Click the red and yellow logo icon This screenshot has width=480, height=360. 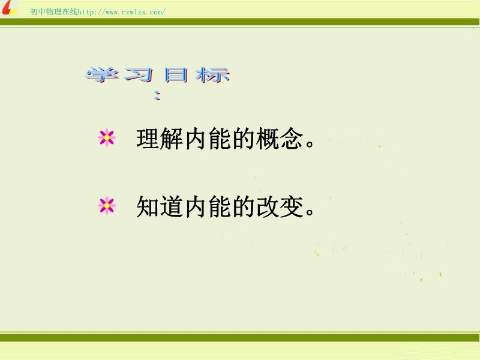coord(9,8)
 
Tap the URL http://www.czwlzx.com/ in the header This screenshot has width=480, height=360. coord(122,12)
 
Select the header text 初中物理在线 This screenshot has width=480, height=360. coord(54,11)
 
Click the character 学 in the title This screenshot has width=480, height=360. coord(102,74)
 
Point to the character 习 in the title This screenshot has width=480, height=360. coord(139,75)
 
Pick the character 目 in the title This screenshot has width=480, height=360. coord(175,75)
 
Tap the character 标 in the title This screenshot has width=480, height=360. coord(212,75)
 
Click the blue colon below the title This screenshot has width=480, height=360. coord(157,95)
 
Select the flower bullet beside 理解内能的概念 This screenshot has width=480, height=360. coord(107,138)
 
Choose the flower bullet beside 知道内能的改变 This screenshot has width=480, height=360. coord(107,206)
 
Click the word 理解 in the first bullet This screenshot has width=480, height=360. coord(160,139)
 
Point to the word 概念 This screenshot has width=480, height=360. coord(280,139)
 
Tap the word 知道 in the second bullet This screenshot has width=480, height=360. coord(160,206)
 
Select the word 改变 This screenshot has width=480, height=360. coord(280,206)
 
